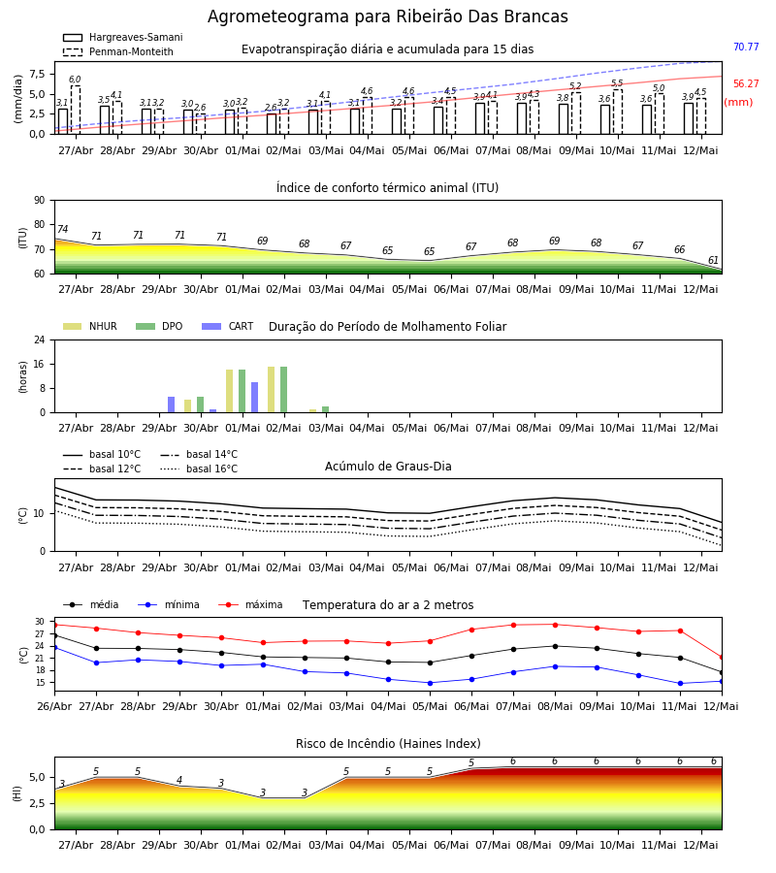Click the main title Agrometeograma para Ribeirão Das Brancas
pyautogui.click(x=387, y=16)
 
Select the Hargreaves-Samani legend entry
pyautogui.click(x=122, y=37)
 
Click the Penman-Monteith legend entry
pyautogui.click(x=118, y=51)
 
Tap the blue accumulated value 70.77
pyautogui.click(x=746, y=47)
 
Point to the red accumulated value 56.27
pyautogui.click(x=746, y=84)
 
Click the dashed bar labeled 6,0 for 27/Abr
pyautogui.click(x=75, y=110)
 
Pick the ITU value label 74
pyautogui.click(x=62, y=229)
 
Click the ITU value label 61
pyautogui.click(x=713, y=260)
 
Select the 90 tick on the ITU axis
pyautogui.click(x=39, y=201)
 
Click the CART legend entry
pyautogui.click(x=227, y=326)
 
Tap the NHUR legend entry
pyautogui.click(x=89, y=326)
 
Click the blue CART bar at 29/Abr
pyautogui.click(x=171, y=404)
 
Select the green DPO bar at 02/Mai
pyautogui.click(x=284, y=390)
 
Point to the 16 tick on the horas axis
pyautogui.click(x=39, y=364)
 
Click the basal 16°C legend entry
pyautogui.click(x=199, y=469)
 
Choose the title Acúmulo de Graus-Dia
pyautogui.click(x=388, y=467)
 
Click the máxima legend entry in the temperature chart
pyautogui.click(x=250, y=604)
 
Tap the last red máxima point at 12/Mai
pyautogui.click(x=722, y=658)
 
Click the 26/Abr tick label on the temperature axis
pyautogui.click(x=54, y=706)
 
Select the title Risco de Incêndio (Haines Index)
pyautogui.click(x=388, y=744)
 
